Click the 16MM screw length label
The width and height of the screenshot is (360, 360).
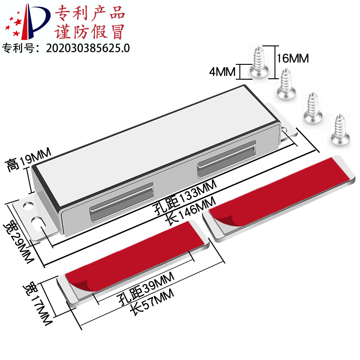point(293,58)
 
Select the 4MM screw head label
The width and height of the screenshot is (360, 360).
point(224,71)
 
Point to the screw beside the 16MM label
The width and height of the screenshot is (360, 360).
point(260,62)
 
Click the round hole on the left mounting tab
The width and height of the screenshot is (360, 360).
point(28,205)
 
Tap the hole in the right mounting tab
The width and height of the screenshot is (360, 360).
point(286,128)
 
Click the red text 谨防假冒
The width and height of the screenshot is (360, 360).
point(90,32)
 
